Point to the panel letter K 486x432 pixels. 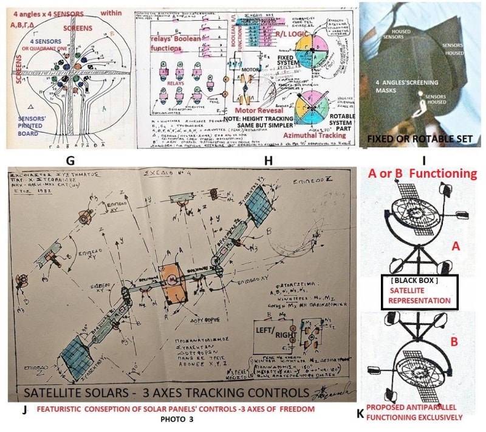pyautogui.click(x=360, y=414)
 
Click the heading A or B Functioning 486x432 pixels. pyautogui.click(x=422, y=173)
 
